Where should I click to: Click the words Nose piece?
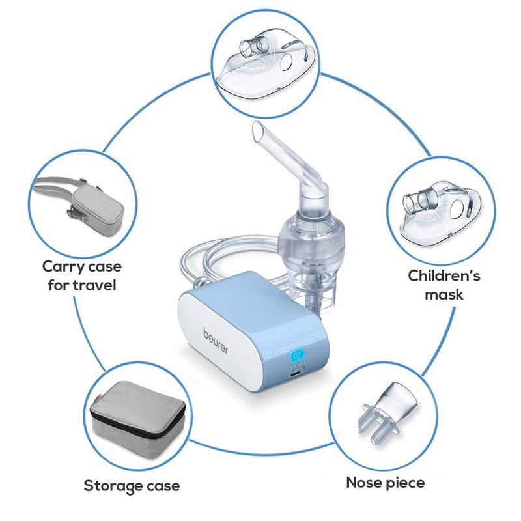pyautogui.click(x=385, y=483)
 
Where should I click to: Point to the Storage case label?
pyautogui.click(x=132, y=485)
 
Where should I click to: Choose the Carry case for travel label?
pyautogui.click(x=82, y=275)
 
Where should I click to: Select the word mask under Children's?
pyautogui.click(x=444, y=294)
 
